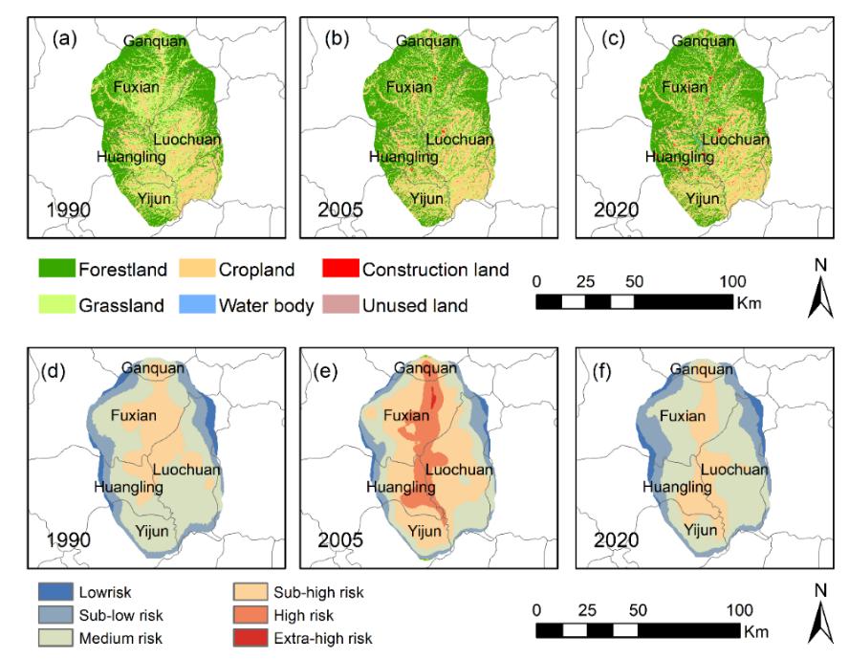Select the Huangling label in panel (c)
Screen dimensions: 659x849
click(680, 157)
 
